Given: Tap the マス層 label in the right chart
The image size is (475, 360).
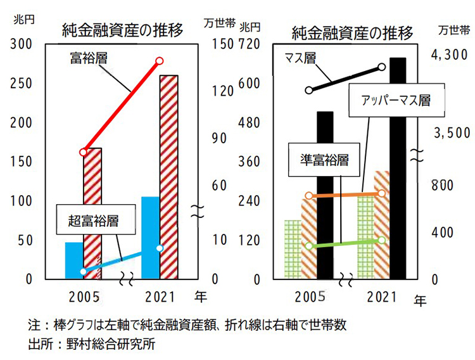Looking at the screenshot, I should click(x=300, y=58).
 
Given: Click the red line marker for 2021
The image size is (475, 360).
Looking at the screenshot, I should click(x=160, y=61).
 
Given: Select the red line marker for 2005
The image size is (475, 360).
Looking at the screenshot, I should click(x=84, y=152).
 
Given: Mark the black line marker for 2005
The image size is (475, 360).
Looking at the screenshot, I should click(x=308, y=90).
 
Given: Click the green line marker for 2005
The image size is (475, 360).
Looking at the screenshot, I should click(x=308, y=246).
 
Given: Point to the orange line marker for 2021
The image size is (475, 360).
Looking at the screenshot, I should click(x=382, y=193).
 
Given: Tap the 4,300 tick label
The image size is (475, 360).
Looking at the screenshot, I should click(x=449, y=56).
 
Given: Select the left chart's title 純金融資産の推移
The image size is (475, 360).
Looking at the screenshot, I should click(x=122, y=30).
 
